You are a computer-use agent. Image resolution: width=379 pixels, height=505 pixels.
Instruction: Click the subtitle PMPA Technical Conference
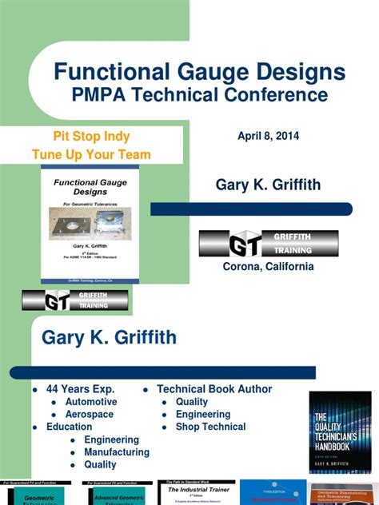[x=200, y=95]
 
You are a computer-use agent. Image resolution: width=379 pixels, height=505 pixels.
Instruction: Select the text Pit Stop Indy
[x=91, y=136]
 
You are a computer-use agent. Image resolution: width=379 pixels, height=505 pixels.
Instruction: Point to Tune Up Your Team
[x=91, y=154]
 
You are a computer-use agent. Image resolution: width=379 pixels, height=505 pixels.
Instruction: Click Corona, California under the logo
[x=268, y=266]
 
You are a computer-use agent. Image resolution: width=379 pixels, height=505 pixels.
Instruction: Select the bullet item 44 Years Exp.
[x=81, y=389]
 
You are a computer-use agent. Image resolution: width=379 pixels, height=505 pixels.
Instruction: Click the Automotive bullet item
[x=90, y=402]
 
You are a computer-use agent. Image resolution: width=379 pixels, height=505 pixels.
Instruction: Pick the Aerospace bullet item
[x=90, y=415]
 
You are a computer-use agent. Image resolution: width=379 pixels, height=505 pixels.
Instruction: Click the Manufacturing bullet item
[x=116, y=452]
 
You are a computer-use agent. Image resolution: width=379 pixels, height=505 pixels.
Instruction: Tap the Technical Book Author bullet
[x=214, y=389]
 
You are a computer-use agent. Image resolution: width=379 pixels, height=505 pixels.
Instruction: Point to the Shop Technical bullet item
[x=210, y=427]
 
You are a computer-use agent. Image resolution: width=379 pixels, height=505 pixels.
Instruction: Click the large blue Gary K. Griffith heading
[x=109, y=338]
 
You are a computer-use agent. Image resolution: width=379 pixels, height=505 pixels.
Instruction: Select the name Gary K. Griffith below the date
[x=268, y=185]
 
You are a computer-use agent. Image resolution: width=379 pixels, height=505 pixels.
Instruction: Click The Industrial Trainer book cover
[x=195, y=492]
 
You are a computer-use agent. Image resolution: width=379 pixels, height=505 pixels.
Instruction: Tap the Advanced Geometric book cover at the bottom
[x=118, y=492]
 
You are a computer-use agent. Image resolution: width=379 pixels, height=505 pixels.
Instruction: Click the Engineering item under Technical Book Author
[x=203, y=415]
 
